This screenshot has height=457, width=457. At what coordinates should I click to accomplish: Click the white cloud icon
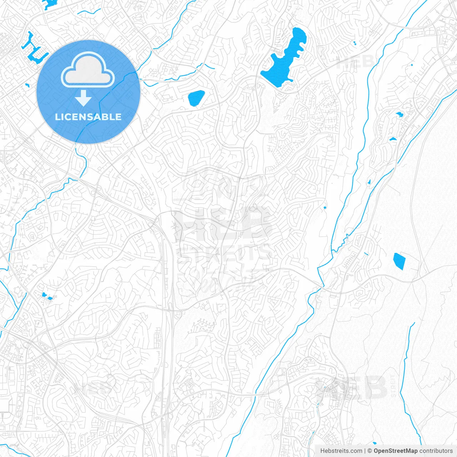pos(88,70)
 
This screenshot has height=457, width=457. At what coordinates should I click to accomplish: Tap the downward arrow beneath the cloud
pos(84,98)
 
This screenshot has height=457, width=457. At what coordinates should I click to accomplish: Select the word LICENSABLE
pos(88,117)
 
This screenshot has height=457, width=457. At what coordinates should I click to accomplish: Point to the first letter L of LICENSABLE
pos(57,117)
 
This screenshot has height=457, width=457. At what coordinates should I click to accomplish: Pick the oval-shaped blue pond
pos(196,98)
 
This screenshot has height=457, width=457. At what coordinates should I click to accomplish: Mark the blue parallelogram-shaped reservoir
pos(399,261)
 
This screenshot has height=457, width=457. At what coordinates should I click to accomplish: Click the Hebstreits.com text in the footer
pos(341,451)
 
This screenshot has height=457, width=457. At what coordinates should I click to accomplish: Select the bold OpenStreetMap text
pos(396,451)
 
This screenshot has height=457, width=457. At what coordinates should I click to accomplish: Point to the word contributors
pos(436,451)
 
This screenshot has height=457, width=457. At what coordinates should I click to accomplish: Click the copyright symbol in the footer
pos(370,451)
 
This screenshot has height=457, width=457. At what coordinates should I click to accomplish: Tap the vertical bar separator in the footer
pos(365,451)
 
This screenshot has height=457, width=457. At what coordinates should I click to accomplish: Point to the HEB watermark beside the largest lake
pos(355,62)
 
